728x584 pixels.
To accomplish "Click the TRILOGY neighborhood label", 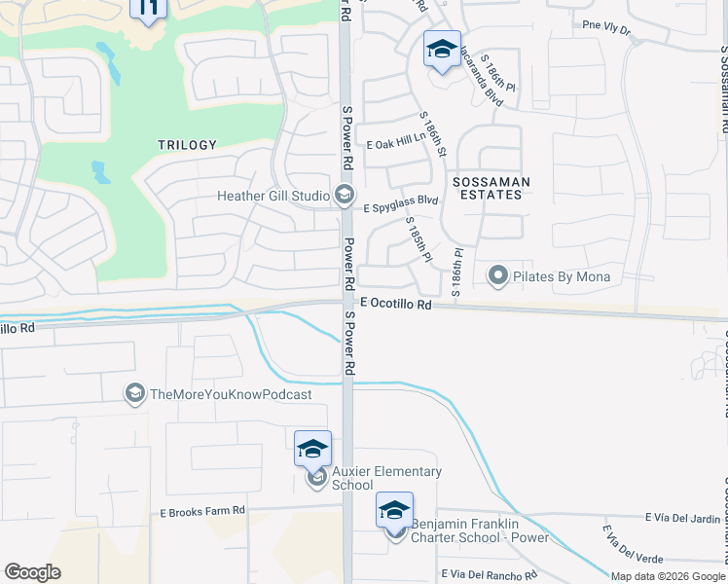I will (187, 145).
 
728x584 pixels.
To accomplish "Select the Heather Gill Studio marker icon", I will (344, 196).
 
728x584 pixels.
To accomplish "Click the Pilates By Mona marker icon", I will (498, 276).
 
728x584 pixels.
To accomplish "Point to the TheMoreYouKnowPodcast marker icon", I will (134, 393).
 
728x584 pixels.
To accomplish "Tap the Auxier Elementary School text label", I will (386, 478).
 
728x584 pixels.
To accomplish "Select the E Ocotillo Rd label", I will (394, 305).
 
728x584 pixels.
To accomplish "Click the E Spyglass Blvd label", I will (401, 204).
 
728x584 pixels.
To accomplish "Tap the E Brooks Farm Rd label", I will (202, 511).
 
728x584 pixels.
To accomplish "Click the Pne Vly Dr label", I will (605, 30).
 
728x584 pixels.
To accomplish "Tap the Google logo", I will (32, 572).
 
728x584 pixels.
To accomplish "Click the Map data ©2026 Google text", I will (669, 576).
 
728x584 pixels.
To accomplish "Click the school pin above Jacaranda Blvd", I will (442, 49).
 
